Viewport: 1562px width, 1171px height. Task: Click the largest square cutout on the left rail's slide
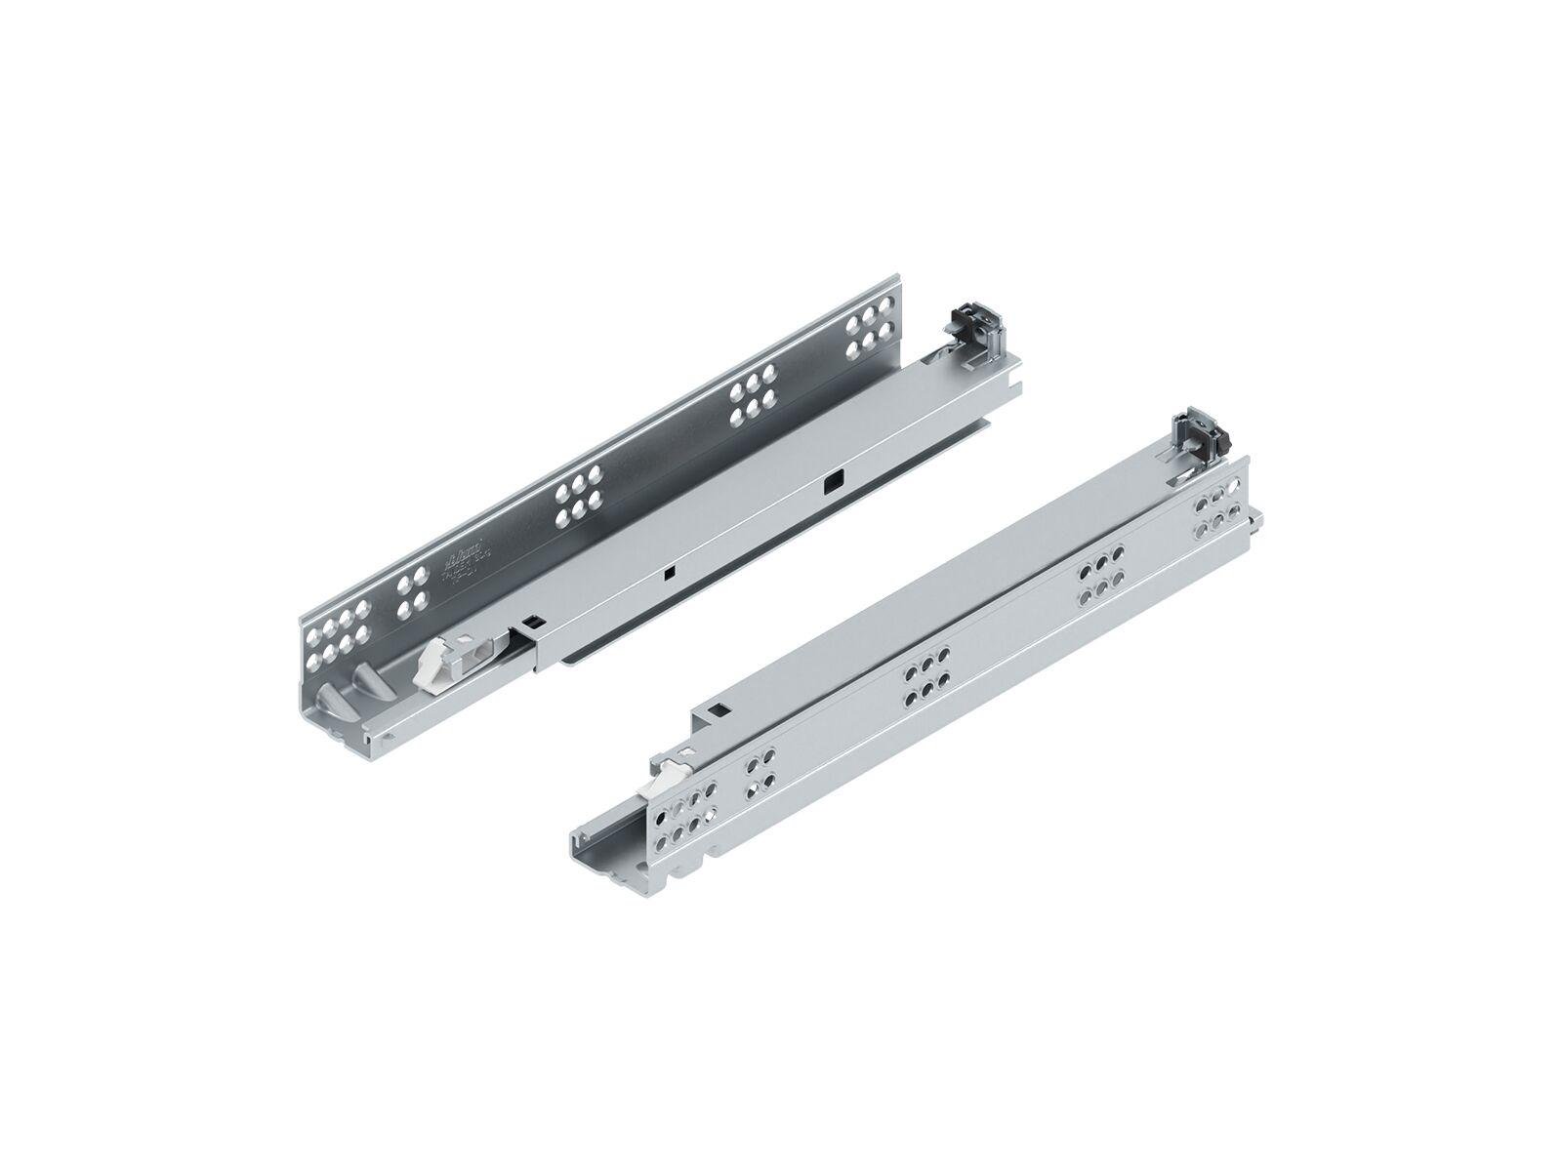(x=832, y=479)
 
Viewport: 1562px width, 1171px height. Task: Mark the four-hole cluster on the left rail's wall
(x=409, y=596)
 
